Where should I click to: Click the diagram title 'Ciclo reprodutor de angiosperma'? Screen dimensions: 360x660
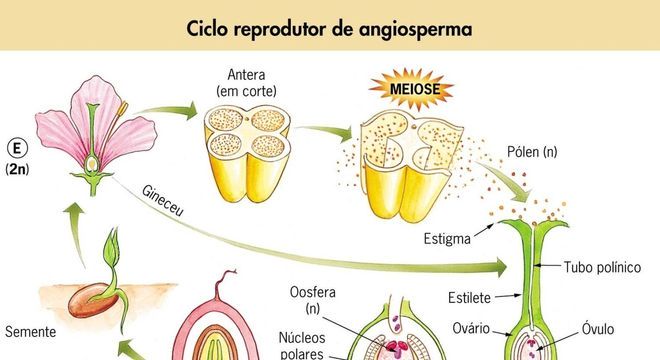329,27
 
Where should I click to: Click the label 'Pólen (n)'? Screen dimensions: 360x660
536,153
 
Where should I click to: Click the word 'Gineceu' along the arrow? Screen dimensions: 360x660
167,202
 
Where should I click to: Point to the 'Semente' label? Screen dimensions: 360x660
28,331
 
